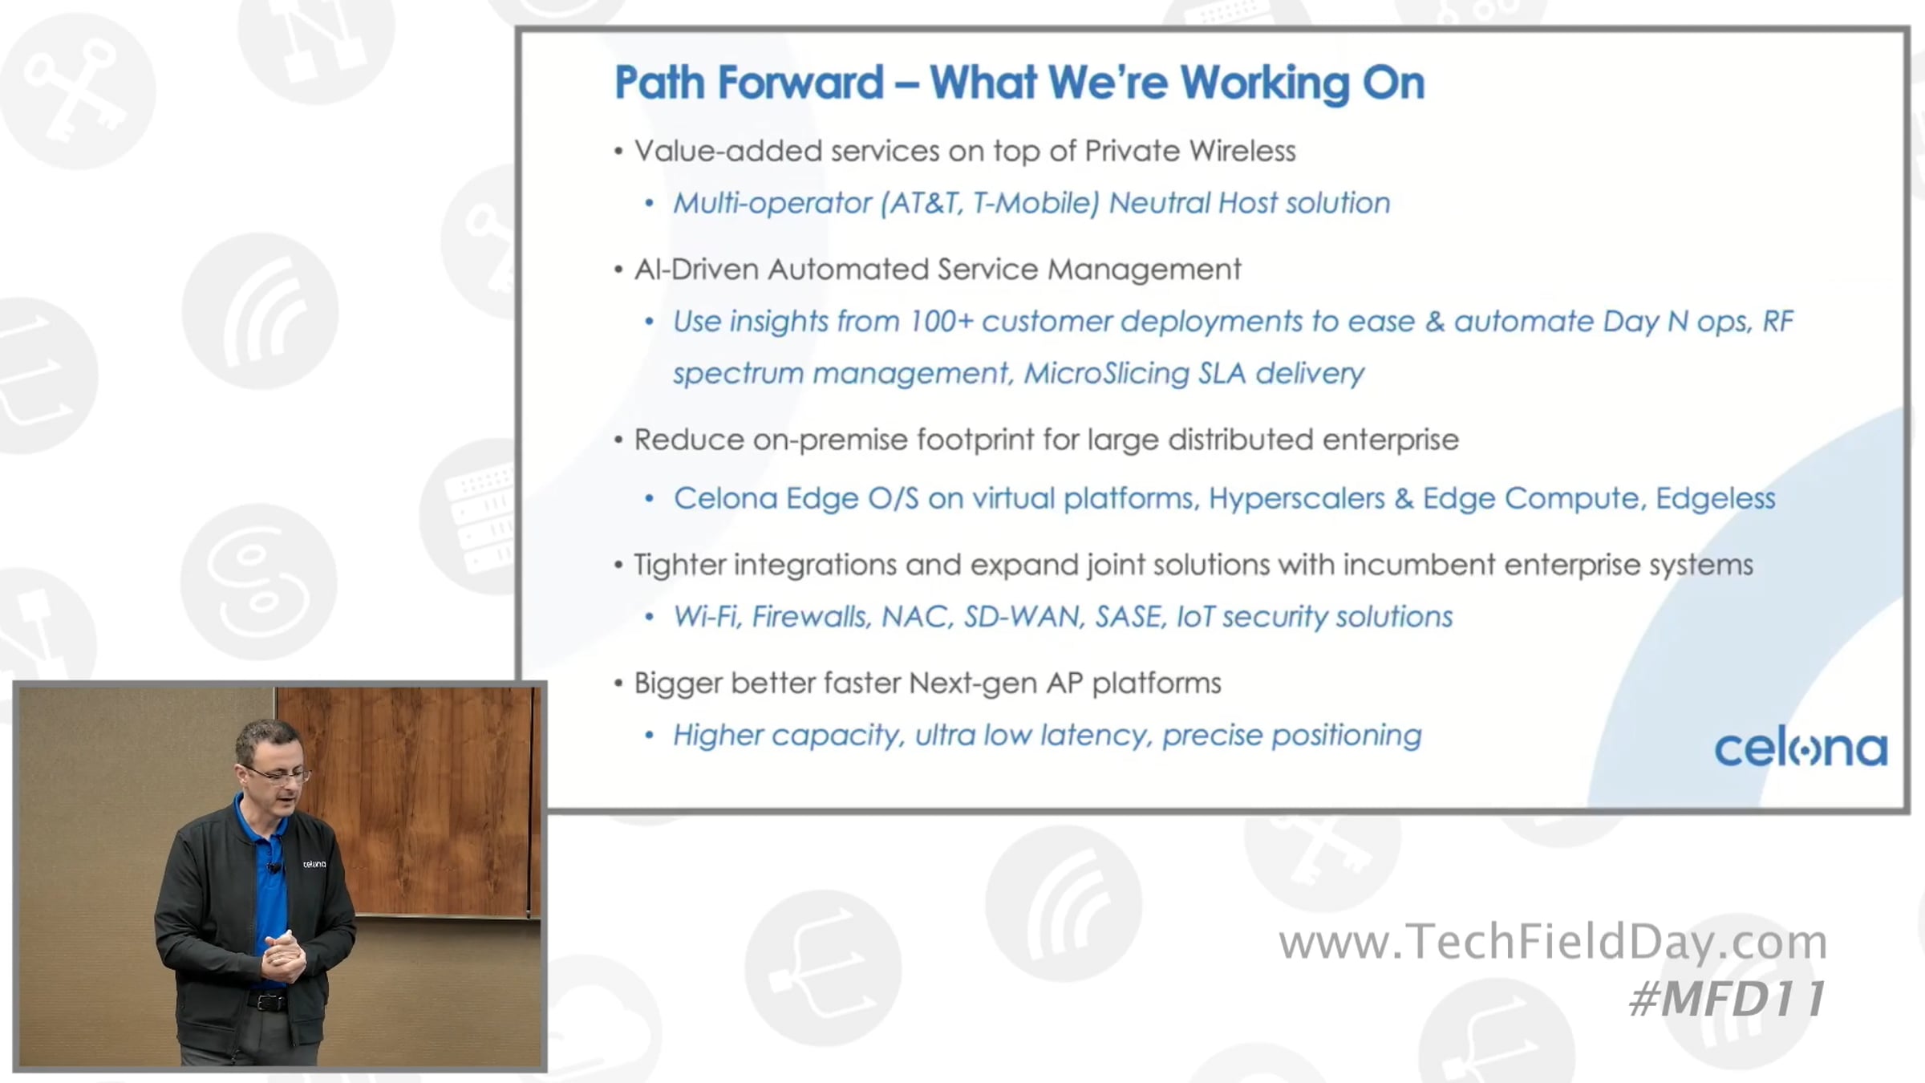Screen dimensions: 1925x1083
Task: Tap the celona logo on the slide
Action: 1801,749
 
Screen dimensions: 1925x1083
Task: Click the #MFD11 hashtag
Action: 1728,999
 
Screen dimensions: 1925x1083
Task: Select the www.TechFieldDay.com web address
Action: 1553,943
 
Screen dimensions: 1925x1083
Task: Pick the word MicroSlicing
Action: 1106,374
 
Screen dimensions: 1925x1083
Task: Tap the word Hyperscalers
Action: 1296,499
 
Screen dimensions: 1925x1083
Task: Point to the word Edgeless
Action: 1715,499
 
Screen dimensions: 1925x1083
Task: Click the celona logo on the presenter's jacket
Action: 314,864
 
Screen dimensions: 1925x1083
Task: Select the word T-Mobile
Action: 1035,203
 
